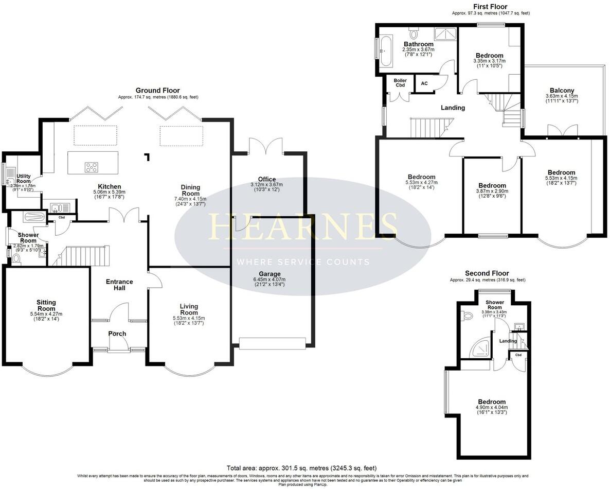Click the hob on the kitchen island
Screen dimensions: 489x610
[x=92, y=167]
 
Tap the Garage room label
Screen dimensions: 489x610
[x=270, y=274]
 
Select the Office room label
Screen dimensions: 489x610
[x=267, y=179]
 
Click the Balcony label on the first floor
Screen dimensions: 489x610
[x=561, y=90]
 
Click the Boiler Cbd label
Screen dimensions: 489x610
[x=400, y=83]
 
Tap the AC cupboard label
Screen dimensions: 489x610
[x=424, y=83]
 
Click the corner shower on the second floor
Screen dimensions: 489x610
[x=479, y=348]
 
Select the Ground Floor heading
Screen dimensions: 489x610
[x=158, y=90]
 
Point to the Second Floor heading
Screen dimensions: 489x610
[x=487, y=273]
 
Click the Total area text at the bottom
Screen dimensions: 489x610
[x=302, y=468]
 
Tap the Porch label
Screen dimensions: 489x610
[x=117, y=334]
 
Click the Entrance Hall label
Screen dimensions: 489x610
[x=119, y=285]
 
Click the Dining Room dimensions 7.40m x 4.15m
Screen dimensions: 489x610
[x=190, y=199]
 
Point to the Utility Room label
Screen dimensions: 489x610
[x=24, y=179]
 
